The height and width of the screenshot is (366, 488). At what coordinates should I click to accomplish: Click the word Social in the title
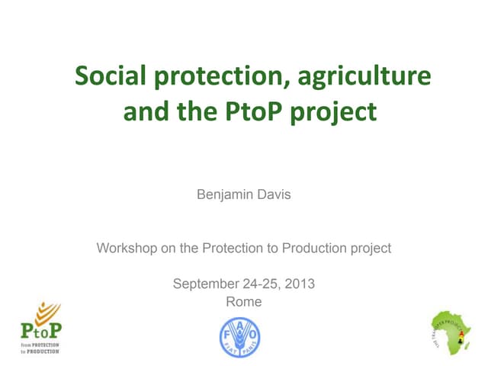111,76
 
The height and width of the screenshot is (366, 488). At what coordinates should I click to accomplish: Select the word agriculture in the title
364,78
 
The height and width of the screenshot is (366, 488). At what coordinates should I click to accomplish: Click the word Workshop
125,248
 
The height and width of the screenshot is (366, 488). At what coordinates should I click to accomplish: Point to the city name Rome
244,302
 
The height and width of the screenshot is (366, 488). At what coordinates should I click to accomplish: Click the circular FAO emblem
239,335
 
